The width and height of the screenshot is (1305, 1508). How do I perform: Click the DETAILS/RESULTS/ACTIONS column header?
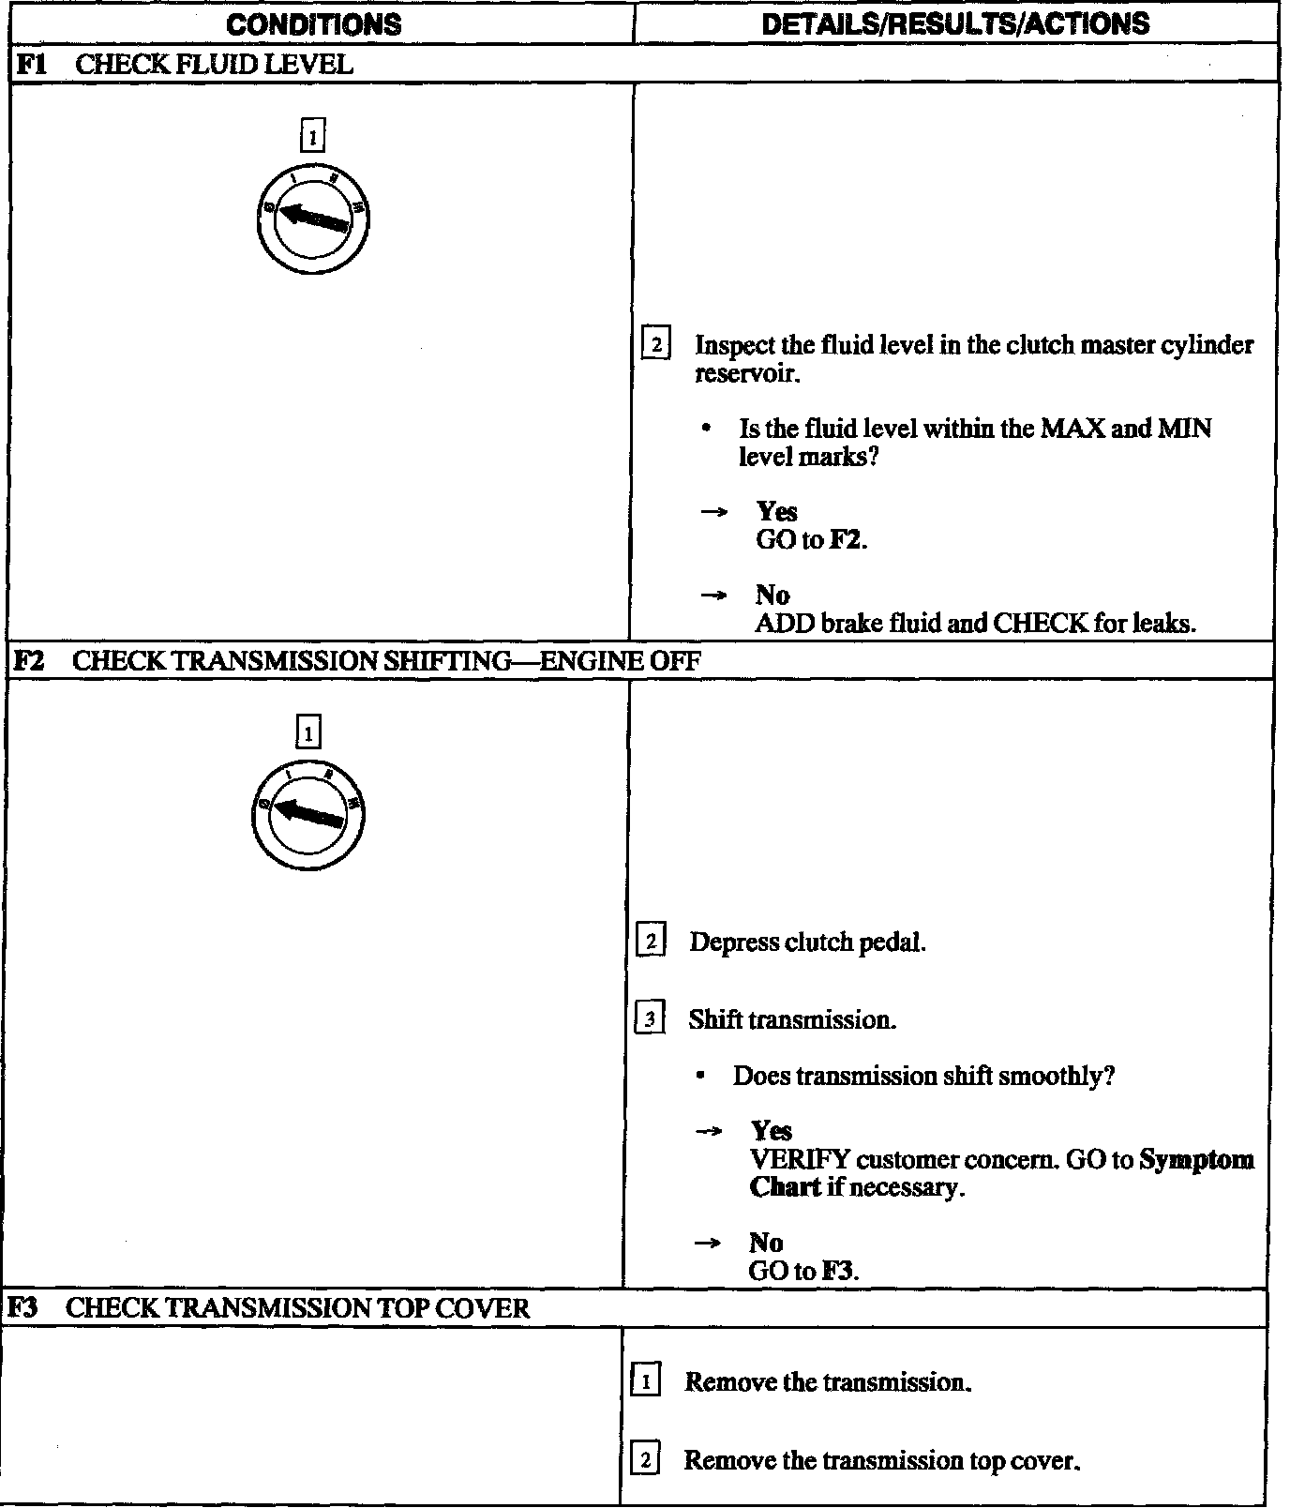955,23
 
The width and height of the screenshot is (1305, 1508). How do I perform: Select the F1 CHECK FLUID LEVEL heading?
185,65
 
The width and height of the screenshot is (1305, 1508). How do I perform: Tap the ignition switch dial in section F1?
312,219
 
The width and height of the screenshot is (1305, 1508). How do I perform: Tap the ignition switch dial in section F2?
308,814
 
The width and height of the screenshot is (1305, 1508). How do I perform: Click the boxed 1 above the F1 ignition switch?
312,137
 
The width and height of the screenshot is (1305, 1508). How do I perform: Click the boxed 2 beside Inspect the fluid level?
655,345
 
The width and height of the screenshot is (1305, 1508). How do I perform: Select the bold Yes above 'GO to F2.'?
776,512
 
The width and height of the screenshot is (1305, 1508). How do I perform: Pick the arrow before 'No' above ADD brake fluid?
714,596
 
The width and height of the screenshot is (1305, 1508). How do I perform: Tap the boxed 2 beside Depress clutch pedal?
651,941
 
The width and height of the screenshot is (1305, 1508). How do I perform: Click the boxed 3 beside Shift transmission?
651,1018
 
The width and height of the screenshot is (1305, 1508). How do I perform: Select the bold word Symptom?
1196,1160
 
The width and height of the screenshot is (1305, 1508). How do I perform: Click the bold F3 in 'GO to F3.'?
838,1272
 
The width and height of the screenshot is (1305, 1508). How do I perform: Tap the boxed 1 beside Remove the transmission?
645,1381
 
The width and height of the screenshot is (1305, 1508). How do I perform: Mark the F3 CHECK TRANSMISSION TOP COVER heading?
269,1308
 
